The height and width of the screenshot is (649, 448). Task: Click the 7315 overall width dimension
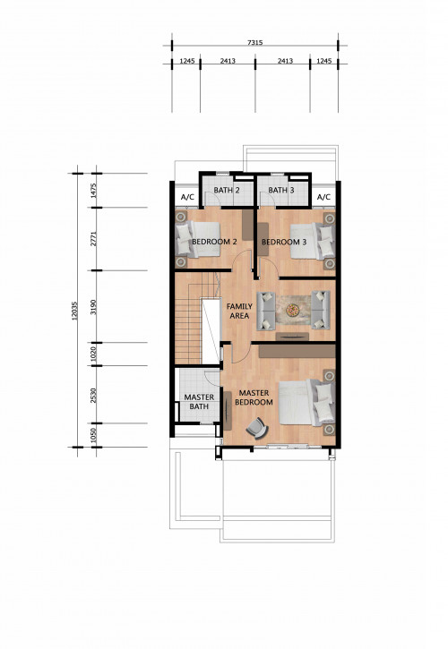254,42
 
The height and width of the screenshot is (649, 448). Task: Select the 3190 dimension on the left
93,307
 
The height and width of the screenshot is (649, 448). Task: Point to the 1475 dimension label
93,191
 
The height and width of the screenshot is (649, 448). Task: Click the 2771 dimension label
93,239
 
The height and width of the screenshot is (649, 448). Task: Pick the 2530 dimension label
93,396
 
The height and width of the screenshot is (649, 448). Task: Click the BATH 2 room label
227,191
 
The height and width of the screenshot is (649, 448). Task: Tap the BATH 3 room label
281,191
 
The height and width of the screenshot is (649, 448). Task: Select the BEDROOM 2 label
214,242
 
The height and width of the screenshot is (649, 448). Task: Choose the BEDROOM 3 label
284,242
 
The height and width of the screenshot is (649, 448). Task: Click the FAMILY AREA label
239,311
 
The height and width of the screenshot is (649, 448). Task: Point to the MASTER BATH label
199,402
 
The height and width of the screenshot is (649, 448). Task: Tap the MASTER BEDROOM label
254,397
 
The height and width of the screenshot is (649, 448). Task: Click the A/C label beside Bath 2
188,198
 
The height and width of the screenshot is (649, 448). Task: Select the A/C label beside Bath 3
323,198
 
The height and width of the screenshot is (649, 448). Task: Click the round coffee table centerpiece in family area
293,310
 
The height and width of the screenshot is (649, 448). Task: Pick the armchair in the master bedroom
257,428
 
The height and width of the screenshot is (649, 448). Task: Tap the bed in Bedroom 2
197,240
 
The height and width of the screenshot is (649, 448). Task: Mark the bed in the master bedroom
307,403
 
